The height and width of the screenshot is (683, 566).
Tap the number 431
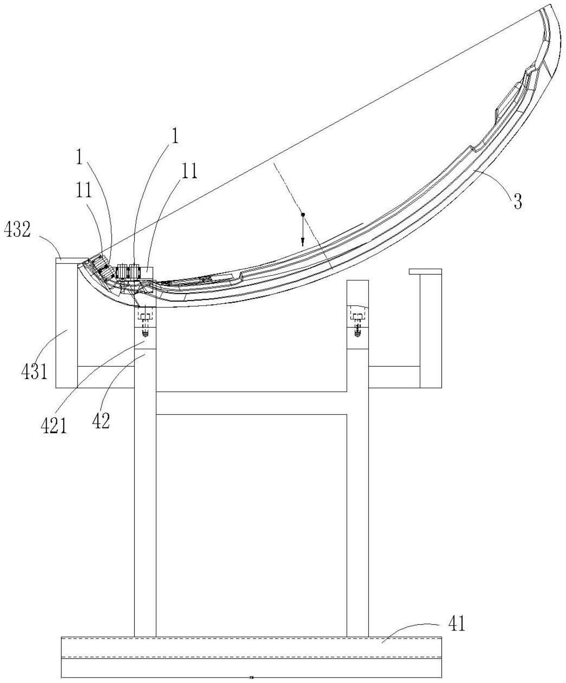[34, 371]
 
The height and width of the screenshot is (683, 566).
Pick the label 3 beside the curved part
[518, 201]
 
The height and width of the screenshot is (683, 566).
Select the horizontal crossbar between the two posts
[251, 403]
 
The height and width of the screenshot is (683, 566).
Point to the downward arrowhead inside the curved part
[303, 242]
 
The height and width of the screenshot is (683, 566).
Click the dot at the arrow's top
[303, 215]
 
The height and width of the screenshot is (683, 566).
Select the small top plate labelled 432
[70, 260]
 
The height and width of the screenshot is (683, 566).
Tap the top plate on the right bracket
[425, 271]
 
